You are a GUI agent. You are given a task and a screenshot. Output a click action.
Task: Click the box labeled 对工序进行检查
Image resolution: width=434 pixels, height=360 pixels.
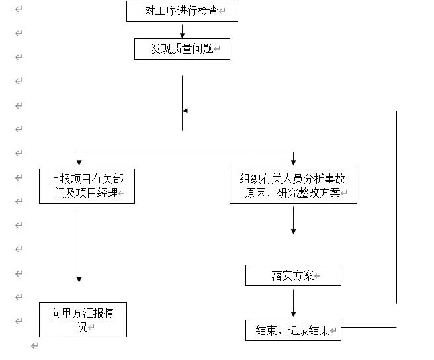click(182, 11)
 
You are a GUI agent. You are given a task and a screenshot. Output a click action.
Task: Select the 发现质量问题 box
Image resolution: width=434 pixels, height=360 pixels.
click(182, 49)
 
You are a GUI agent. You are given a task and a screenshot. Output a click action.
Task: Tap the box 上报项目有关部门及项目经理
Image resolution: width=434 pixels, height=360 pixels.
click(87, 186)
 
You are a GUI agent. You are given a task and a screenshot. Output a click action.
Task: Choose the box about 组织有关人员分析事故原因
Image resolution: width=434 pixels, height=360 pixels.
click(293, 186)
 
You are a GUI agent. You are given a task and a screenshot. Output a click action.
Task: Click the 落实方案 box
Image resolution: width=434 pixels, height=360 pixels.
click(293, 275)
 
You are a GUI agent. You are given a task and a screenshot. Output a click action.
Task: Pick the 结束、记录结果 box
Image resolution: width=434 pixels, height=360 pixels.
click(293, 330)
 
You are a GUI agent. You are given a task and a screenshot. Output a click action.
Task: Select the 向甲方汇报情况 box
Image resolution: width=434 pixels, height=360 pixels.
click(83, 320)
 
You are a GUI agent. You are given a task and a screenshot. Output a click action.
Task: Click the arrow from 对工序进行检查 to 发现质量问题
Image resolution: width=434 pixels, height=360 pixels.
click(182, 32)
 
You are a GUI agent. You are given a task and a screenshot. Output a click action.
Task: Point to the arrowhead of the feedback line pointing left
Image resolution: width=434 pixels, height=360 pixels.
click(185, 111)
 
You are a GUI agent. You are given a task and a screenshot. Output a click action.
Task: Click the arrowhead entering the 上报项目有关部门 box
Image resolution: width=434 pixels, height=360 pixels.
click(79, 162)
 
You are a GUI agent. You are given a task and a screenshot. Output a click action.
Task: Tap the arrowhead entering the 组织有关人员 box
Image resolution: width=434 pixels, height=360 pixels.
click(293, 162)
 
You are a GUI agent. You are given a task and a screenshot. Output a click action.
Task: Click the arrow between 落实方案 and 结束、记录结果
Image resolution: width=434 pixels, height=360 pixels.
click(293, 303)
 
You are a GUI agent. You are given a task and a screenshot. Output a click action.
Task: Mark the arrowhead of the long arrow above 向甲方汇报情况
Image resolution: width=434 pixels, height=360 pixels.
click(79, 279)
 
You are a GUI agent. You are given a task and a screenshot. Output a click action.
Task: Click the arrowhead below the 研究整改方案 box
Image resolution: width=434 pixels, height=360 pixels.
click(293, 231)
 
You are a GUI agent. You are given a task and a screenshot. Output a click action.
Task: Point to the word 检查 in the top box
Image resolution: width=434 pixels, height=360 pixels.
click(208, 11)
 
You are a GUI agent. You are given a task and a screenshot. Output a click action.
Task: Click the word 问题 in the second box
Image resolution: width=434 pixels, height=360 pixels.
click(203, 48)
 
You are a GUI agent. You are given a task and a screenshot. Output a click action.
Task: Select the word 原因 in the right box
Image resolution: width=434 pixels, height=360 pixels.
click(255, 193)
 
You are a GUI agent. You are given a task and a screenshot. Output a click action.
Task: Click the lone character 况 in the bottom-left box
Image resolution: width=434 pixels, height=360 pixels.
click(83, 327)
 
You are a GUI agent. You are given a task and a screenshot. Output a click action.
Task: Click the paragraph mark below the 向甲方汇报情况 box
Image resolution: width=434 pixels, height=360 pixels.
click(35, 345)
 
